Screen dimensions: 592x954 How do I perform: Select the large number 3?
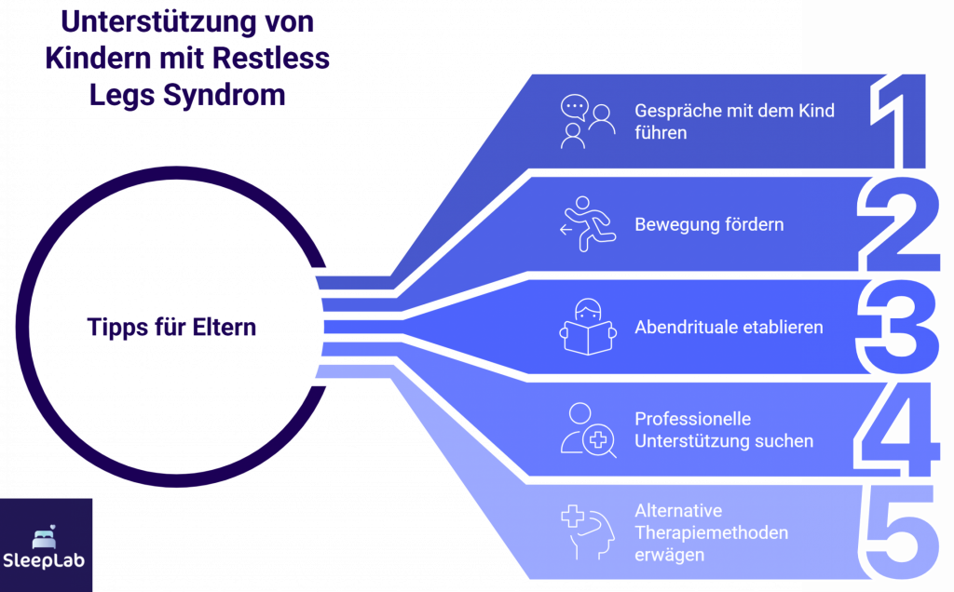[x=898, y=328]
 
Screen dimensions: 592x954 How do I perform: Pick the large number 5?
[x=898, y=531]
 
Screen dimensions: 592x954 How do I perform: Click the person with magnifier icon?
[x=588, y=429]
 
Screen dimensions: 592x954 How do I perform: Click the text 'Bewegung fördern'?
[x=709, y=224]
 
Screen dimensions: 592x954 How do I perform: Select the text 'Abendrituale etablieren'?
[x=729, y=328]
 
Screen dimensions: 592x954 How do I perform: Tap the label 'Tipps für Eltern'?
[x=172, y=328]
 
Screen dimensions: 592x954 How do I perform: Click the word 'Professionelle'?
[x=692, y=419]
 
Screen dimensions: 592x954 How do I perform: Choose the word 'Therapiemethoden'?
[x=711, y=532]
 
